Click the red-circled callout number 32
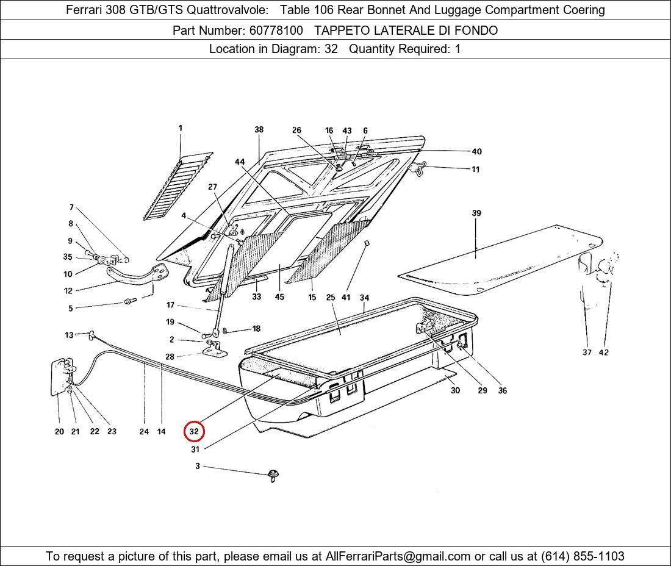click(194, 431)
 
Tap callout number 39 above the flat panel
click(476, 213)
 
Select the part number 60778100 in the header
click(276, 30)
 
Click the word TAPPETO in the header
click(342, 30)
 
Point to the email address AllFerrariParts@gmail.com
click(398, 556)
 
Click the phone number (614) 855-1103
click(583, 556)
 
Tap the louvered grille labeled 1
click(178, 187)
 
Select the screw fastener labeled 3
click(273, 475)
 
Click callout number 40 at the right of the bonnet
click(476, 151)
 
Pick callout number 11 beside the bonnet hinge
click(475, 170)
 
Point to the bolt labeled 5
click(130, 301)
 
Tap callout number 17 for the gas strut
click(170, 305)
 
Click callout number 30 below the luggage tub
click(455, 390)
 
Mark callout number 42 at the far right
click(603, 353)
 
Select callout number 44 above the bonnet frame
click(240, 162)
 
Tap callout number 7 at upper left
click(71, 207)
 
